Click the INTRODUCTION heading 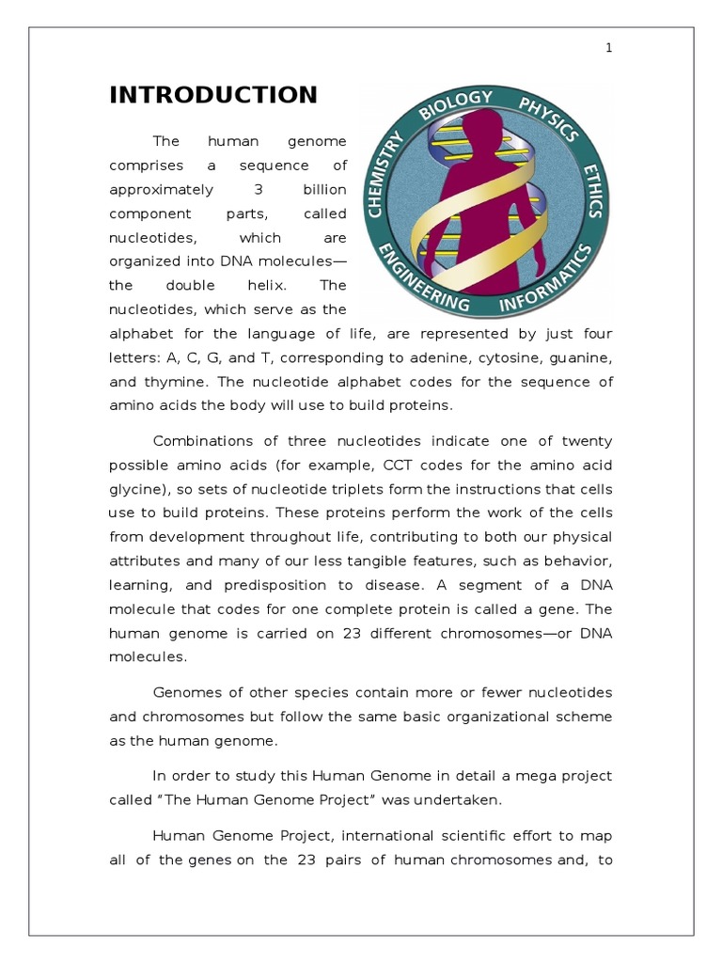(213, 95)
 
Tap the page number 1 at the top (608, 49)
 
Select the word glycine (134, 489)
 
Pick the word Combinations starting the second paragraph (197, 441)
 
